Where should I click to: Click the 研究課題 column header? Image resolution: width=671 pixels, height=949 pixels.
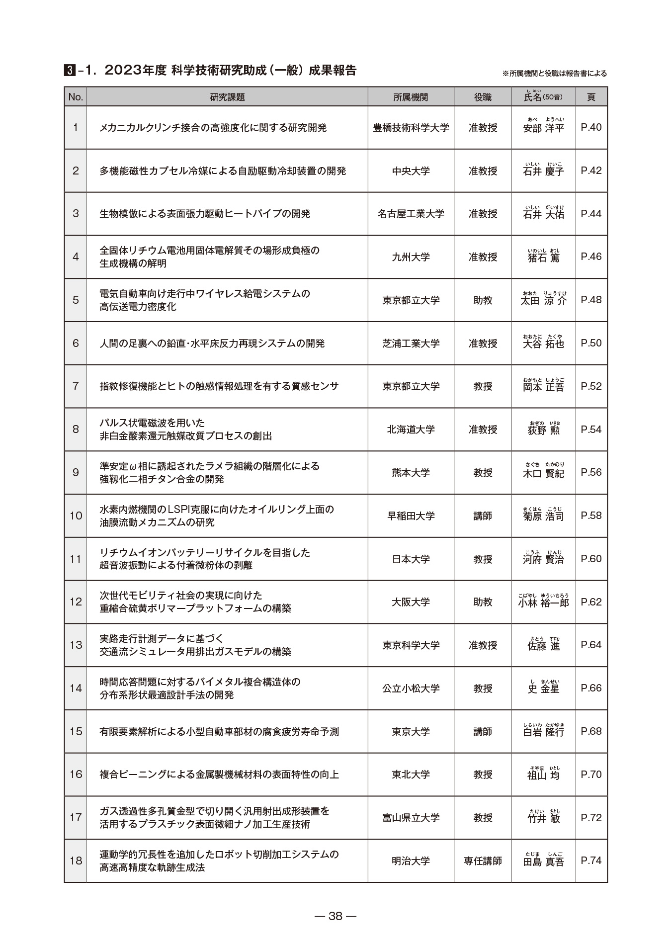[x=227, y=97]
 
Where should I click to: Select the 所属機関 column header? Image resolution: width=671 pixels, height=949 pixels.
[x=411, y=97]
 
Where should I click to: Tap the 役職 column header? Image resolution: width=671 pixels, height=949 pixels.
[x=483, y=97]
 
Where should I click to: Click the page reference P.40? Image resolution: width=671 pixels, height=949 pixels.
[x=591, y=128]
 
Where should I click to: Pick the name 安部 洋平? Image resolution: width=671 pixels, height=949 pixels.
[x=543, y=128]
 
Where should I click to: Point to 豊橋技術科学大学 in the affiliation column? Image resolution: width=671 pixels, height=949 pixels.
[x=411, y=128]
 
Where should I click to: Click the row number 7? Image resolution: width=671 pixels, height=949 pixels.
[x=76, y=386]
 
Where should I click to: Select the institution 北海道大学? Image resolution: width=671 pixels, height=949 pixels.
[x=411, y=430]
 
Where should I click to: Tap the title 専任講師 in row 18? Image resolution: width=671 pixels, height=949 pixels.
[x=483, y=861]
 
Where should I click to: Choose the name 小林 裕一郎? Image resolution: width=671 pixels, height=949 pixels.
[x=543, y=603]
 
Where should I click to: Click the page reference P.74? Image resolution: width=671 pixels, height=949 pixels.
[x=591, y=861]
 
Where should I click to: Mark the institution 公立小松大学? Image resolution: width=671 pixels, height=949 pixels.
[x=411, y=689]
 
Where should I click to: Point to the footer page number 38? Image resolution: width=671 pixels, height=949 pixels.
[x=335, y=916]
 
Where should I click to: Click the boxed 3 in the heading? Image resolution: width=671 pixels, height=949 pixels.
[x=70, y=71]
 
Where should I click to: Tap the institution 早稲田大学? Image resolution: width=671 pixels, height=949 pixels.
[x=411, y=516]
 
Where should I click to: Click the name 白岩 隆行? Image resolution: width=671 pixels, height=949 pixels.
[x=543, y=732]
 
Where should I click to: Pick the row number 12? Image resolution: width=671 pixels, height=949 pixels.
[x=76, y=602]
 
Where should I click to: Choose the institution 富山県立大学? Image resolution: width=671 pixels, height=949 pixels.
[x=411, y=818]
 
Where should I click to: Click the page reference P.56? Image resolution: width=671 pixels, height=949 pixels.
[x=591, y=473]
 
